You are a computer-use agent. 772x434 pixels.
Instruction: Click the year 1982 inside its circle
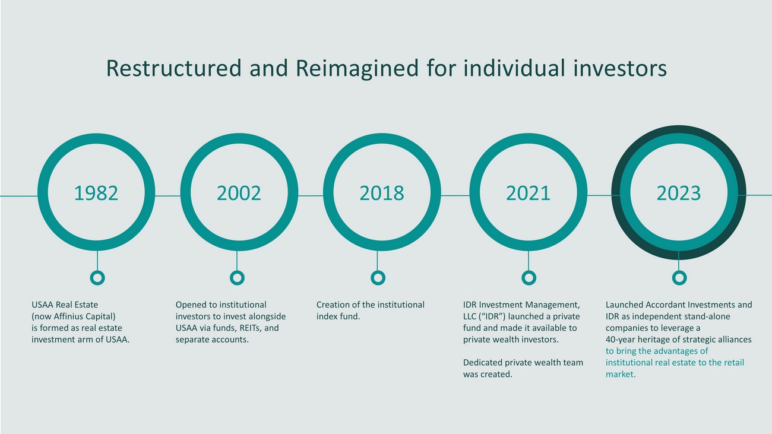pyautogui.click(x=96, y=193)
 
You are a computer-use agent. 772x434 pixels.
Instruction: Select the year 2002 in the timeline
pyautogui.click(x=239, y=193)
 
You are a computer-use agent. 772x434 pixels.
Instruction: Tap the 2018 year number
pyautogui.click(x=382, y=193)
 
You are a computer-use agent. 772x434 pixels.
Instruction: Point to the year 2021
pyautogui.click(x=528, y=193)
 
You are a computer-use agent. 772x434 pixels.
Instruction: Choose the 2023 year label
pyautogui.click(x=679, y=193)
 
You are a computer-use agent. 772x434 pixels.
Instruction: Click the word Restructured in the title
pyautogui.click(x=173, y=68)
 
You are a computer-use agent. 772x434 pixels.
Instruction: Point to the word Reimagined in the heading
pyautogui.click(x=357, y=69)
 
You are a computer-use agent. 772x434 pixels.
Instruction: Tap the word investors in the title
pyautogui.click(x=620, y=68)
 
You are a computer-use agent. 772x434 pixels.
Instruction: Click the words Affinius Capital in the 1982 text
pyautogui.click(x=84, y=316)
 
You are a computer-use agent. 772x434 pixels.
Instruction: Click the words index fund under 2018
pyautogui.click(x=338, y=316)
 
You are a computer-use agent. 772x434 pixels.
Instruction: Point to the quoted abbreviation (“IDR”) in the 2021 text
pyautogui.click(x=492, y=316)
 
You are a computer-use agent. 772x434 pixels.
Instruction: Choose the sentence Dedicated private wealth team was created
pyautogui.click(x=523, y=368)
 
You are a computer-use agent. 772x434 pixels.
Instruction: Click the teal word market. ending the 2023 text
pyautogui.click(x=621, y=374)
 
